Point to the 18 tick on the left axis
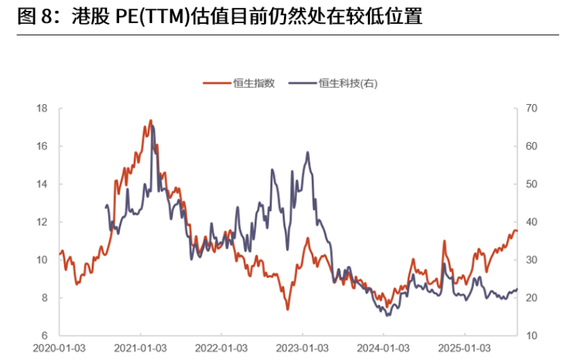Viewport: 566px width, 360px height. point(42,108)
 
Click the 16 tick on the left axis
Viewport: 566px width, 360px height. point(42,146)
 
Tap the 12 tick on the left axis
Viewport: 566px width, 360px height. point(42,222)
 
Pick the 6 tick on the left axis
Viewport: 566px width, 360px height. point(44,336)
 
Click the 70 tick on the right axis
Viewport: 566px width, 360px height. point(532,108)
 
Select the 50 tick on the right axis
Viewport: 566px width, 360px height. point(532,184)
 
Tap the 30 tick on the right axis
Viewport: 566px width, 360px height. point(532,260)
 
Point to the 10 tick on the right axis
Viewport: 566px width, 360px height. point(532,336)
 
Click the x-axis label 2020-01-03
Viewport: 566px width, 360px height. point(60,348)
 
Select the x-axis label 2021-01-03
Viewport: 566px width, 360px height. point(141,348)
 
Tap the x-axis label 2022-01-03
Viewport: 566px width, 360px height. point(222,348)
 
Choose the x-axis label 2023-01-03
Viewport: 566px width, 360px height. point(303,348)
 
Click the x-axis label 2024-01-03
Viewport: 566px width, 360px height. point(384,348)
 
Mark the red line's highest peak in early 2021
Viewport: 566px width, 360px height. point(151,120)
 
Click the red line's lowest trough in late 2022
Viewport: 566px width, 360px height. point(287,310)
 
